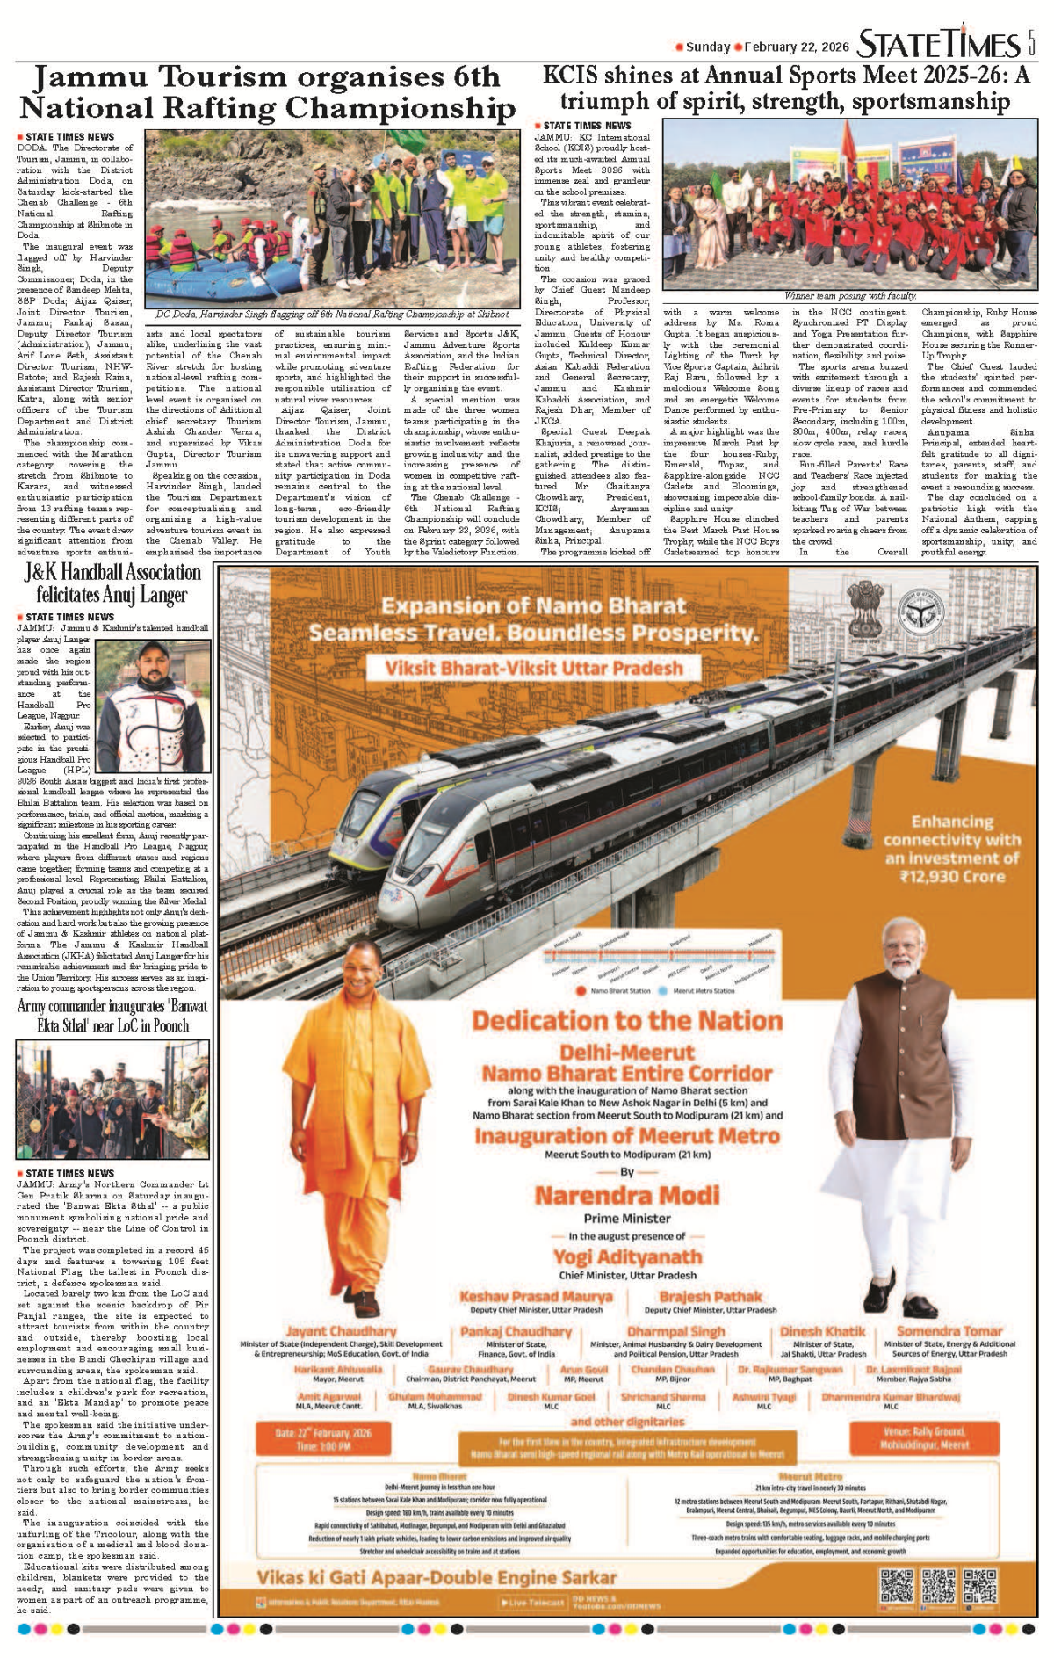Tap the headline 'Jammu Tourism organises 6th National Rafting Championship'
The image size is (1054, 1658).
pos(267,92)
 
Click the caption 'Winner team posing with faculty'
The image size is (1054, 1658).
pos(850,296)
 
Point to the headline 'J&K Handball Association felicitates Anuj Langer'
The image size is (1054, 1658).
pos(112,583)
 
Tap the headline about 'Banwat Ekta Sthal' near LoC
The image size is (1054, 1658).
pos(112,1016)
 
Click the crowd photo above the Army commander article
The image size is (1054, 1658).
pos(112,1099)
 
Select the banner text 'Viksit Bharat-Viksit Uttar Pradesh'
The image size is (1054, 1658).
pos(534,668)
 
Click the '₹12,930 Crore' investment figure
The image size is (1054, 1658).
pos(952,876)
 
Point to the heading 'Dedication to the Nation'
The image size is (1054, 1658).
pos(627,1021)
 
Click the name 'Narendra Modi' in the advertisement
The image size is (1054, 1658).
pos(627,1196)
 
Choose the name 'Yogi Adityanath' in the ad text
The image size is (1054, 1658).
pos(627,1257)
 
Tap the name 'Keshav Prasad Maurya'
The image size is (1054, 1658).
pos(536,1297)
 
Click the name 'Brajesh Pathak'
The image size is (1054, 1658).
pos(711,1297)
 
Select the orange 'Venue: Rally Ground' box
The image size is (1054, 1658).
pos(924,1437)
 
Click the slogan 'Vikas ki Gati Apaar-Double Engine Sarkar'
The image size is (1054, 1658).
pos(437,1577)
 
